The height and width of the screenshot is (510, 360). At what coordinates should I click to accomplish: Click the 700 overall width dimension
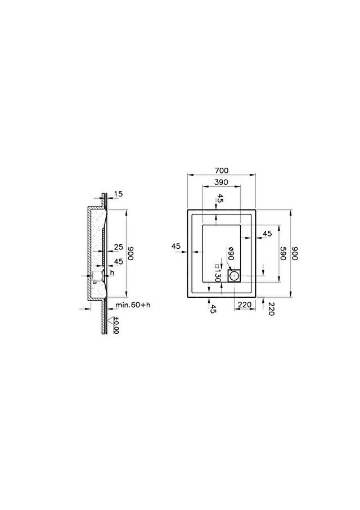[x=222, y=171]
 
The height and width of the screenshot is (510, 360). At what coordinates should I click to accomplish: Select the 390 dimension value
[x=221, y=182]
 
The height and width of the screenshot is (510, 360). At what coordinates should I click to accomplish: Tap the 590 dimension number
[x=283, y=253]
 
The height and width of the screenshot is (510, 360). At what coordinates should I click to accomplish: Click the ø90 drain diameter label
[x=231, y=253]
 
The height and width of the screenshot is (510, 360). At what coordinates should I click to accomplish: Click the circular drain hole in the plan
[x=234, y=276]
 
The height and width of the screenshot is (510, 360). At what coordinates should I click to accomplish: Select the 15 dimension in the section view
[x=119, y=194]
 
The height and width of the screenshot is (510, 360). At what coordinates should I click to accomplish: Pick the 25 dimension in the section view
[x=119, y=247]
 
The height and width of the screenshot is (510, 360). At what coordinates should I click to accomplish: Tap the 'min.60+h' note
[x=133, y=305]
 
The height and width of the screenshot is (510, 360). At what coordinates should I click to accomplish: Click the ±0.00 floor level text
[x=116, y=325]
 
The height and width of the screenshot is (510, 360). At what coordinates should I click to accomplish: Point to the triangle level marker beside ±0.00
[x=114, y=320]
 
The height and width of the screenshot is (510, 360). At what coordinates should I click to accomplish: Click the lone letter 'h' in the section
[x=112, y=272]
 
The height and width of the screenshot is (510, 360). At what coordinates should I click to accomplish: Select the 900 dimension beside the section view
[x=130, y=253]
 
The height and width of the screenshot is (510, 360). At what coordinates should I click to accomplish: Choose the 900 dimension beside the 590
[x=294, y=253]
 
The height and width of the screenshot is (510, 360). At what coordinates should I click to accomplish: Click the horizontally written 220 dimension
[x=245, y=305]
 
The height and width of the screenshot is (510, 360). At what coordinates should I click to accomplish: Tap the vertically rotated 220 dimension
[x=271, y=308]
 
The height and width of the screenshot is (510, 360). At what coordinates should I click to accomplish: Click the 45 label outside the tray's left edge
[x=175, y=246]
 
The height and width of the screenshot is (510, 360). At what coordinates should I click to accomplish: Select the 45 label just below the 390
[x=220, y=198]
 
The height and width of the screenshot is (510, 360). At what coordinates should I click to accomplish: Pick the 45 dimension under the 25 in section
[x=119, y=261]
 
